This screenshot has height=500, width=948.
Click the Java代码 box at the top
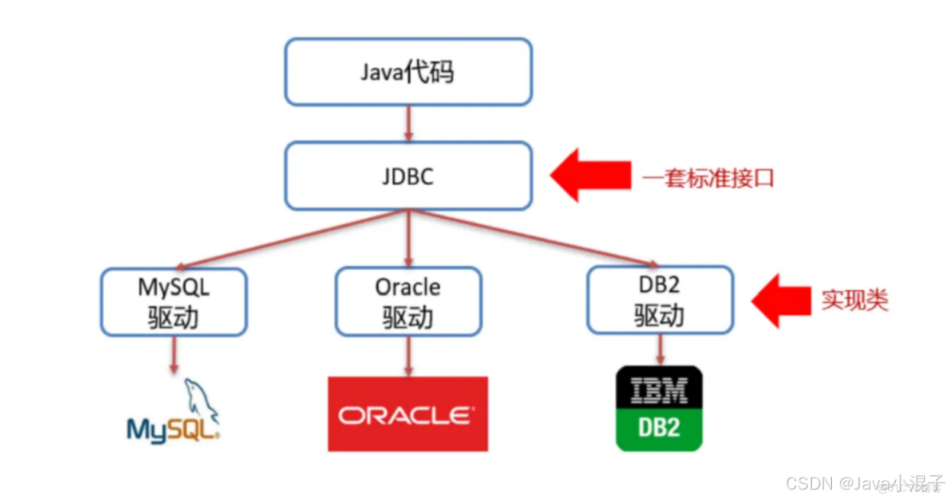[408, 72]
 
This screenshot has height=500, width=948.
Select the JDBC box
[408, 176]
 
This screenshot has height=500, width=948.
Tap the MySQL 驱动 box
[173, 301]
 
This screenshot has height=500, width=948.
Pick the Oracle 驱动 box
[408, 301]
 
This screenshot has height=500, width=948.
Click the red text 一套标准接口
[708, 178]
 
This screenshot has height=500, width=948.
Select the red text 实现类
[854, 301]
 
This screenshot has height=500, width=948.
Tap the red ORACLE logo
[407, 414]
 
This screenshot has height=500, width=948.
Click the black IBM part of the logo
[659, 391]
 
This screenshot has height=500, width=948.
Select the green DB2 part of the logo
[659, 427]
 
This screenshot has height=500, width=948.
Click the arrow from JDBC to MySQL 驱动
[296, 239]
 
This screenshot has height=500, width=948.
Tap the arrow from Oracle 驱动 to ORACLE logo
[408, 355]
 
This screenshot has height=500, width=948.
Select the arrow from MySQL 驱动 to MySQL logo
[173, 355]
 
